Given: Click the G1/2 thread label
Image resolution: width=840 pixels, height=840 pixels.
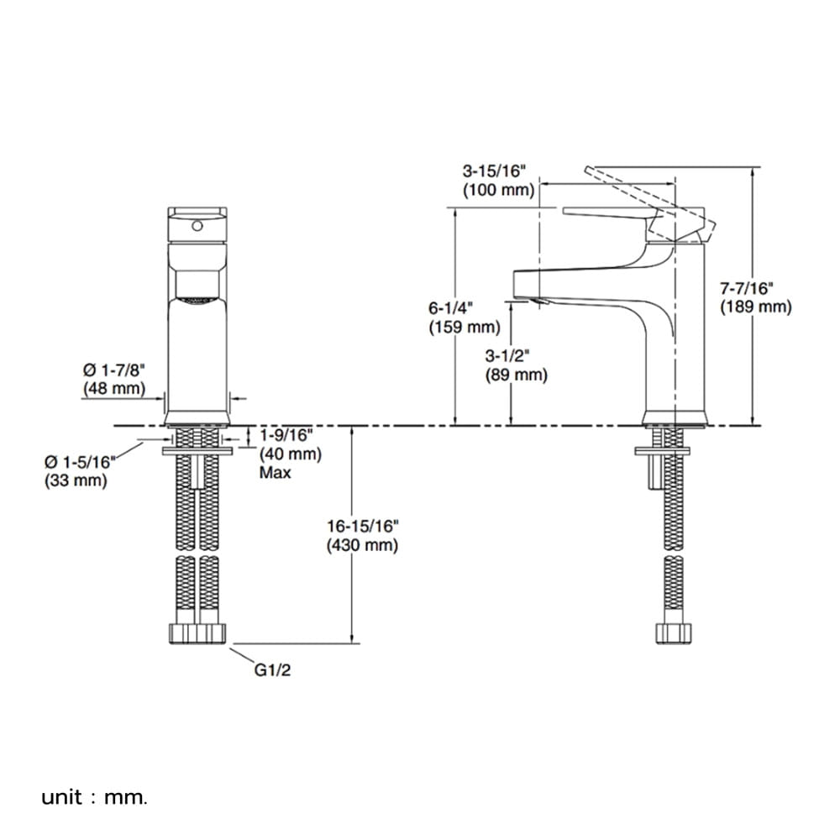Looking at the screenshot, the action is coord(272,670).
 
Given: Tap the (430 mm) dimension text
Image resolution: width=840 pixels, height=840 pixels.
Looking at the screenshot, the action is coord(362,545).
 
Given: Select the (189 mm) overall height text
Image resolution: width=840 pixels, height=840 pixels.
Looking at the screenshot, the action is coord(755,307).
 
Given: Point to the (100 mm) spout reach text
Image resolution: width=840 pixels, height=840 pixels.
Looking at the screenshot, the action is coord(499,190).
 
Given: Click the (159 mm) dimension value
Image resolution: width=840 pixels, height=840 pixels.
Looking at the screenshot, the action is coord(465,327).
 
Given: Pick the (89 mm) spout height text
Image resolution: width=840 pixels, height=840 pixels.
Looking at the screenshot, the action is coord(517,375).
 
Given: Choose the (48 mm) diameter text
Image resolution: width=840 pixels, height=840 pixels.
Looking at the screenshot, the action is coord(114,388).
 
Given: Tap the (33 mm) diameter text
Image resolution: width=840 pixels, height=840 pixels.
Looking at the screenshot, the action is coord(76,480).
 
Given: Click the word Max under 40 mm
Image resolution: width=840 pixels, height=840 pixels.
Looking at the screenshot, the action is coord(276,473).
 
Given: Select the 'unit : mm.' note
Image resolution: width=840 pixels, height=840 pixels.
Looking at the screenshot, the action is coord(94,798).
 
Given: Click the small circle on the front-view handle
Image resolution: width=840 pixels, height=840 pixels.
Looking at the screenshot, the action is coord(197,226).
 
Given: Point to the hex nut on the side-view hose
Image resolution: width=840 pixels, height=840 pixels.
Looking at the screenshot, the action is coord(674,633).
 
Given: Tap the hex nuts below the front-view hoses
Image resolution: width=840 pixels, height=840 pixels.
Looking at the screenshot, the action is coord(197,633).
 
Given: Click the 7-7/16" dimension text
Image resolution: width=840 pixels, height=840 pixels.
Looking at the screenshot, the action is coord(746,289).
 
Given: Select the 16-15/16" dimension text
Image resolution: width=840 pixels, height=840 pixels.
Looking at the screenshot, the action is coord(363,527).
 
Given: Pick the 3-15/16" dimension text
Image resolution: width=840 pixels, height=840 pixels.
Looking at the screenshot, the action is coord(495,171).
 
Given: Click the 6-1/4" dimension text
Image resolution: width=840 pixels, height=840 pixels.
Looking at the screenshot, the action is coord(451,308).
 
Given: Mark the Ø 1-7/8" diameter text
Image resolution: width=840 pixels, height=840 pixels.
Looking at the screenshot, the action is coord(114,370).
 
